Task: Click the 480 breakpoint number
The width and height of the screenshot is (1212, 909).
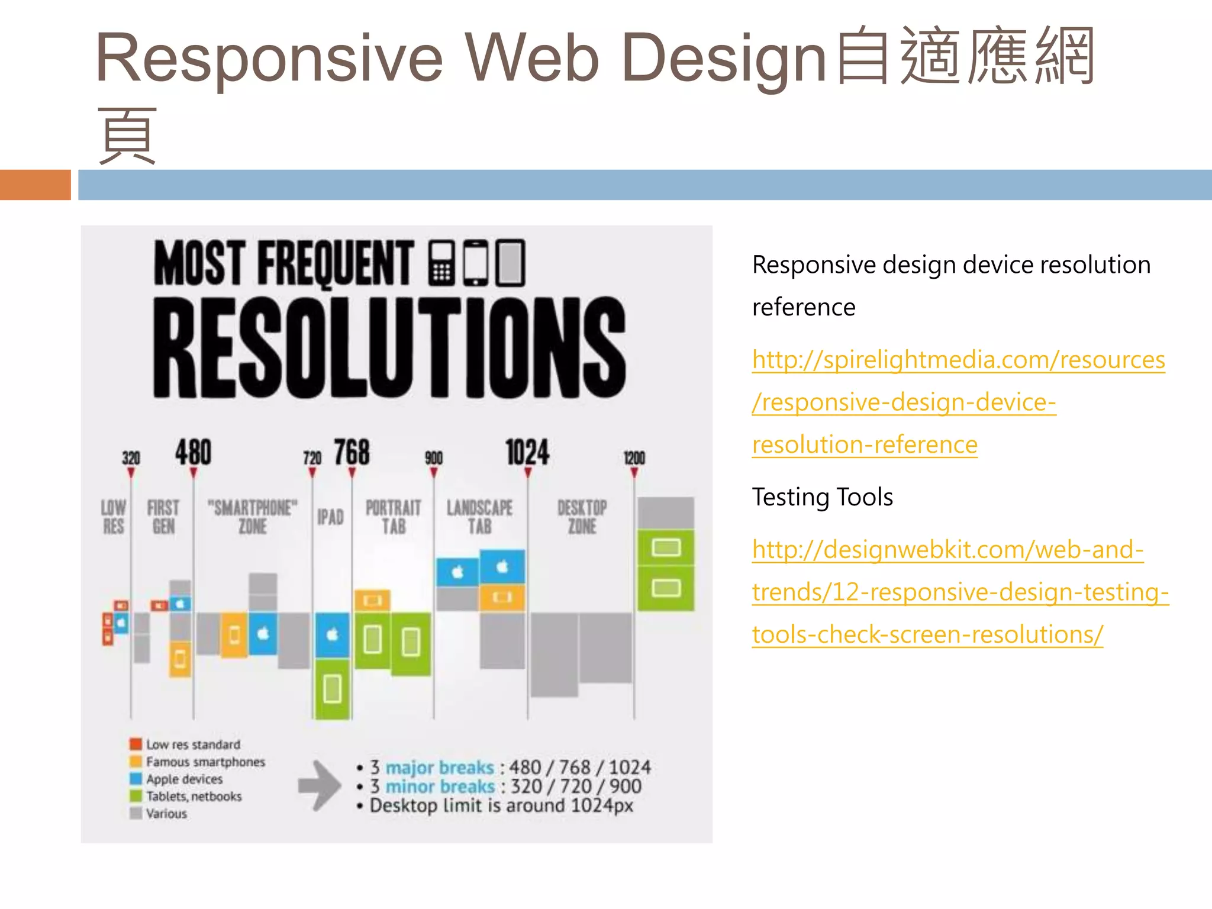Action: pos(193,453)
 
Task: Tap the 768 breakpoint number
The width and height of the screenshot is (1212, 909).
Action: pos(352,453)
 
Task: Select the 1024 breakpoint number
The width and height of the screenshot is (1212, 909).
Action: pos(527,453)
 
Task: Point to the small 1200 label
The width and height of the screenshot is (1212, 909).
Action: pos(634,458)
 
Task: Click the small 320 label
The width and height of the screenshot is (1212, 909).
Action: pos(131,458)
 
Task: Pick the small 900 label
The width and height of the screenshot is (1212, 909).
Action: pos(433,458)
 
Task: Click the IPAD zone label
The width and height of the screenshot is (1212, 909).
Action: pos(330,517)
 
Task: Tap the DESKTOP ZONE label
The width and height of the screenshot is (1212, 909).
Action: pos(582,517)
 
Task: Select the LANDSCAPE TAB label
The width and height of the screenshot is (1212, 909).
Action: pos(479,517)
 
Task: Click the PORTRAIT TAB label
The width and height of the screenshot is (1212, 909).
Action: pos(394,517)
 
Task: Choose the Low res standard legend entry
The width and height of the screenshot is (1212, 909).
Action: pos(193,744)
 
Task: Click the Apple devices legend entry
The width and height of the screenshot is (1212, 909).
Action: pos(184,779)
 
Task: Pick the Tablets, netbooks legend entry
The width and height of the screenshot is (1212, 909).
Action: pos(194,797)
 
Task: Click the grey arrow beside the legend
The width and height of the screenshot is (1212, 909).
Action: pos(319,785)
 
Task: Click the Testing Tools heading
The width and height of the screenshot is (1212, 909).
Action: pos(822,497)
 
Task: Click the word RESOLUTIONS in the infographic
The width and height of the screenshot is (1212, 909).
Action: pos(389,347)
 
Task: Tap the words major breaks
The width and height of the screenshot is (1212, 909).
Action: pos(439,768)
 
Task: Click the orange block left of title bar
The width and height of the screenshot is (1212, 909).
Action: pos(35,185)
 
